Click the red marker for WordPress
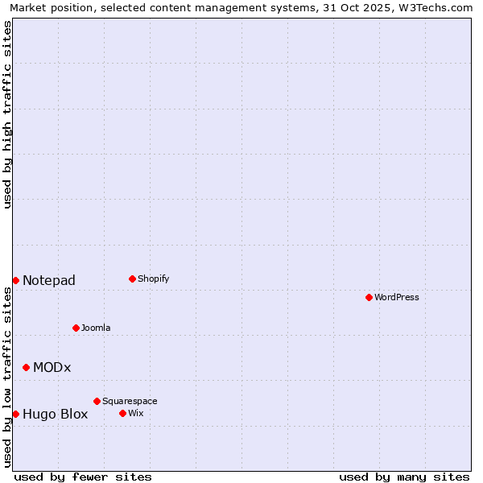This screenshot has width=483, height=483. click(x=369, y=297)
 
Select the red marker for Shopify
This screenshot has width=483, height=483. click(x=132, y=279)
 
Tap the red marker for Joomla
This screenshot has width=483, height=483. click(x=76, y=328)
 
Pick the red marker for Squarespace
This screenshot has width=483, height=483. click(x=97, y=401)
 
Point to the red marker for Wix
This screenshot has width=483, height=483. click(x=122, y=413)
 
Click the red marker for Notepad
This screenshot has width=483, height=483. click(x=15, y=280)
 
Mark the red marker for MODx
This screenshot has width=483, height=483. click(x=26, y=367)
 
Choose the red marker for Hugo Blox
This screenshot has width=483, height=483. click(x=15, y=414)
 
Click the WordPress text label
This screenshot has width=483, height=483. click(x=397, y=297)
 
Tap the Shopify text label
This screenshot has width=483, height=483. click(x=153, y=279)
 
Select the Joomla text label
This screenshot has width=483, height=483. click(x=96, y=328)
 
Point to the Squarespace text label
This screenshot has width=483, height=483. click(x=130, y=401)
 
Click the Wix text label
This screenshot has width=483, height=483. click(x=135, y=413)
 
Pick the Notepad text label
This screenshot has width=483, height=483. click(x=49, y=280)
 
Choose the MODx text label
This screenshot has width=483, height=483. click(x=52, y=367)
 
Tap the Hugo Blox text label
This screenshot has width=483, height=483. click(x=56, y=415)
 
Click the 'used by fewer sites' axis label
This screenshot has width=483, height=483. click(x=83, y=477)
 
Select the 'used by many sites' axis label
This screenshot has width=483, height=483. click(x=404, y=477)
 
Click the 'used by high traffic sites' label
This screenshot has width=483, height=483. click(x=8, y=114)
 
